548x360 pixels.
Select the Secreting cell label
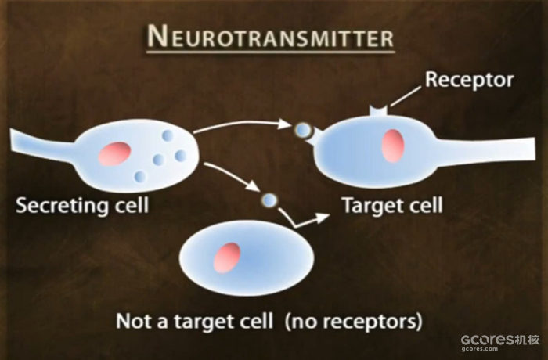tap(82, 206)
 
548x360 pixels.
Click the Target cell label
tap(391, 206)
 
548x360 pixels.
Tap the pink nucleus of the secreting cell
tap(114, 153)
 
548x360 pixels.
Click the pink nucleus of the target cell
tap(392, 146)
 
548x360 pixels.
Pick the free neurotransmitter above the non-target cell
tap(269, 200)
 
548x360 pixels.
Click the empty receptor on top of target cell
tap(379, 113)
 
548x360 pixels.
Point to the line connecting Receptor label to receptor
tap(406, 96)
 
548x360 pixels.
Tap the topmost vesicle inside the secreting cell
tap(167, 136)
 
